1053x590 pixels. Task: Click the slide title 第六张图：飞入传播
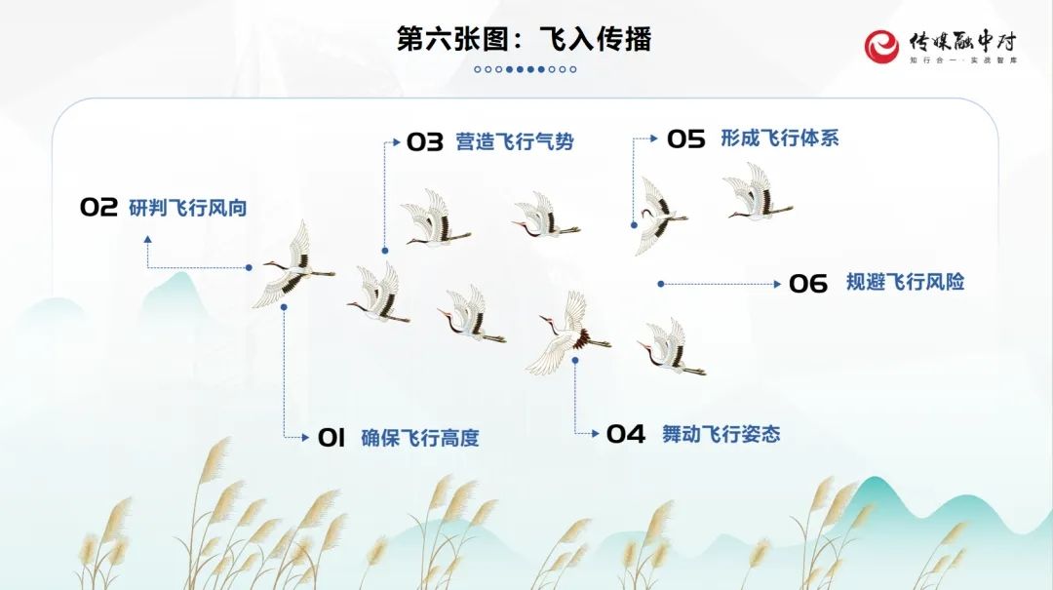(524, 39)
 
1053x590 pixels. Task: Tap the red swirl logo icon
(881, 47)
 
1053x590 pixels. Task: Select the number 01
(331, 438)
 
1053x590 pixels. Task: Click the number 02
(98, 207)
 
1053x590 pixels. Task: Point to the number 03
(425, 141)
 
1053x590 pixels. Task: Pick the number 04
(626, 434)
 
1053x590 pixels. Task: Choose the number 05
(685, 139)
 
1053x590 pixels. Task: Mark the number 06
(808, 284)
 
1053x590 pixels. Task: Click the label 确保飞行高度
(420, 438)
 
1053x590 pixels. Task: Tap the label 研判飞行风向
(188, 208)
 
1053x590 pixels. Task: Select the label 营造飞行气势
(515, 141)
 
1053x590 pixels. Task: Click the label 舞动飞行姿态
(721, 434)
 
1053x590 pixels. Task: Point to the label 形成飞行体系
(780, 138)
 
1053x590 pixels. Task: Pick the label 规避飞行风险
(905, 282)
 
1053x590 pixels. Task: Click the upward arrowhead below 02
(148, 239)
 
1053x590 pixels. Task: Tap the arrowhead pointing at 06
(778, 284)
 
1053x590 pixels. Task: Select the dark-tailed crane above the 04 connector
(569, 334)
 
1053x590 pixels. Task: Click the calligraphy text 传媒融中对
(963, 42)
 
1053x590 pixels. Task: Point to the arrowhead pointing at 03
(397, 142)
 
